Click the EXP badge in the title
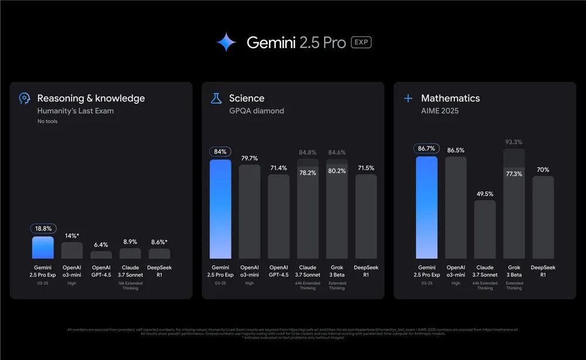361,42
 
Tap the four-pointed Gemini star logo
226,42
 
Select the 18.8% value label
43,229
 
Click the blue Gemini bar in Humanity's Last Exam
43,247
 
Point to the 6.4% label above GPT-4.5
101,244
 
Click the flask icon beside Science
216,99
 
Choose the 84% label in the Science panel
220,152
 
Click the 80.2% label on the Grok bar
336,171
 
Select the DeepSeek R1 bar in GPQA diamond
366,216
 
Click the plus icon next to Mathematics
408,99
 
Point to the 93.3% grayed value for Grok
513,142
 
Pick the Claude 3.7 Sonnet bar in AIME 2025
485,229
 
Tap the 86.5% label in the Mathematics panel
455,150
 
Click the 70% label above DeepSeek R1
543,169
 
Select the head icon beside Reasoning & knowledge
24,99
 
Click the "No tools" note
47,121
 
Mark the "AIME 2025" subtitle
439,111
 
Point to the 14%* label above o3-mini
72,235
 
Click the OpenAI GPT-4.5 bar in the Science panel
278,216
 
